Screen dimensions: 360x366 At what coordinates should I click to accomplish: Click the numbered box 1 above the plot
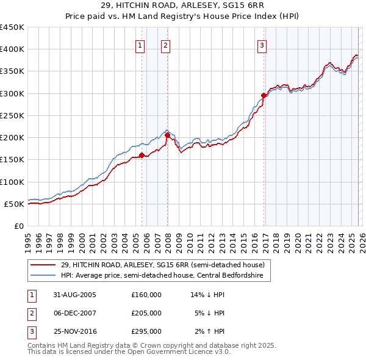pyautogui.click(x=140, y=45)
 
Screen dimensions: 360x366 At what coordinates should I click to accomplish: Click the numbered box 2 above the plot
pyautogui.click(x=165, y=45)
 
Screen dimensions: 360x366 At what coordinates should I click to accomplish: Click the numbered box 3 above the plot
pyautogui.click(x=262, y=45)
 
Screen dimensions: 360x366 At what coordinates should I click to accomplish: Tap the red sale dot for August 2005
pyautogui.click(x=142, y=155)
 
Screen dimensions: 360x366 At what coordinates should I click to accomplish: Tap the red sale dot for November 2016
pyautogui.click(x=264, y=96)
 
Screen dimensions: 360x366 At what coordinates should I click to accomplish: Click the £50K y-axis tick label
pyautogui.click(x=14, y=204)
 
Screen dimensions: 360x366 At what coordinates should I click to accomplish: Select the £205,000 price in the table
pyautogui.click(x=146, y=313)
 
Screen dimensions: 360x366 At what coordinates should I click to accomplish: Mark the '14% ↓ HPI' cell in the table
pyautogui.click(x=208, y=295)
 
